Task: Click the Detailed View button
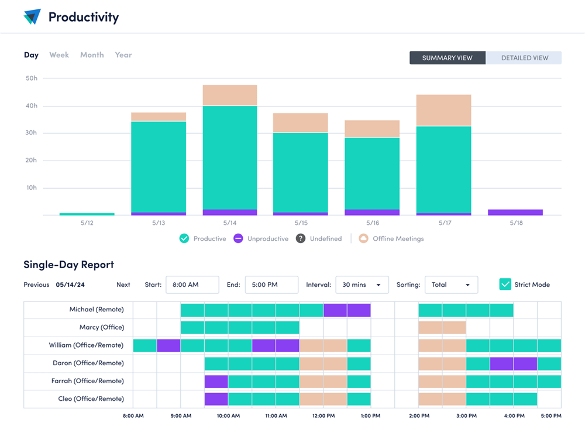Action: click(524, 58)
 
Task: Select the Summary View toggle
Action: click(447, 58)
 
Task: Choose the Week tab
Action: click(59, 55)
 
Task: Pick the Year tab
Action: click(123, 55)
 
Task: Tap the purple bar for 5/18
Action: click(515, 212)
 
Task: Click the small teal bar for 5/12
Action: click(87, 214)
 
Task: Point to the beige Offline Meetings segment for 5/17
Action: click(443, 110)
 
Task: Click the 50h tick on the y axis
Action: click(32, 78)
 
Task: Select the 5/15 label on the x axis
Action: click(301, 223)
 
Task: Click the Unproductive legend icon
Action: click(238, 238)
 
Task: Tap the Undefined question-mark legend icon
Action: click(300, 238)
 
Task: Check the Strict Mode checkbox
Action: click(505, 285)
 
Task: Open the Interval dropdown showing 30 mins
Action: click(362, 285)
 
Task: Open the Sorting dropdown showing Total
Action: click(451, 285)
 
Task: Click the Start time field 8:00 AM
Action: click(192, 285)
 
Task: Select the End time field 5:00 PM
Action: click(271, 285)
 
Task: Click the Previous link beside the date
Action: click(36, 285)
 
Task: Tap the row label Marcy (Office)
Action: click(102, 327)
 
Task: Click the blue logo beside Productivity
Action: click(32, 17)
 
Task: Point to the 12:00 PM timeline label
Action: click(323, 416)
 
